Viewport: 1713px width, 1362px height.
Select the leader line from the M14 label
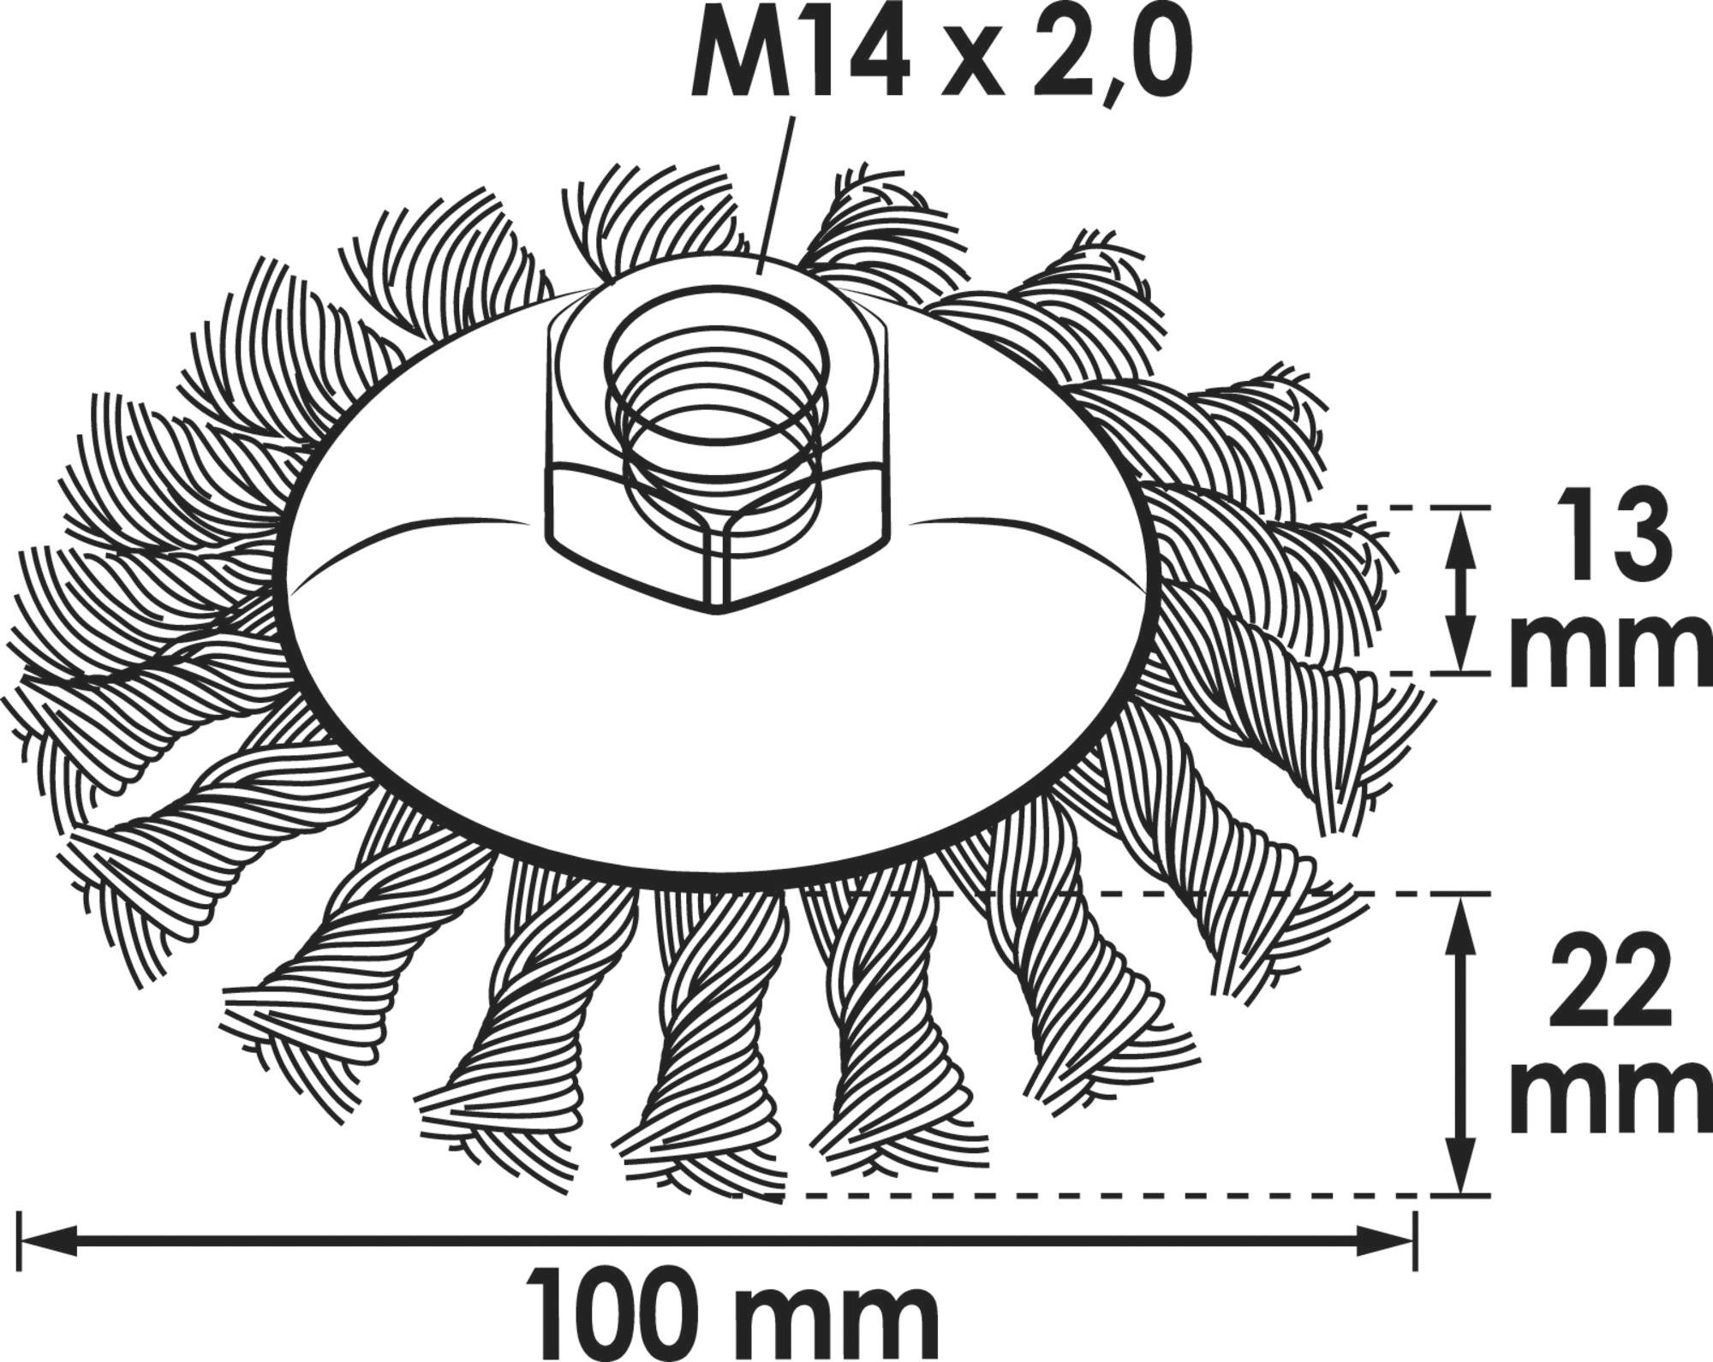[775, 197]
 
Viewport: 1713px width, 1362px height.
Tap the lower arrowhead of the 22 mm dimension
[1463, 1173]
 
